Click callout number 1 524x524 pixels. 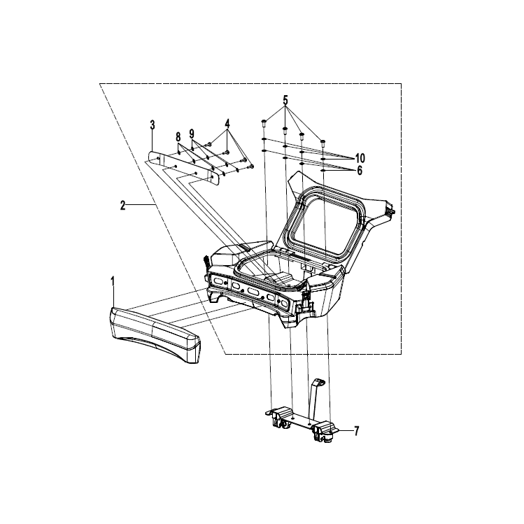pyautogui.click(x=113, y=281)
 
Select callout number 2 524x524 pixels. pyautogui.click(x=123, y=205)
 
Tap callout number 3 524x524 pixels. pyautogui.click(x=153, y=125)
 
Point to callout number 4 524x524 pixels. pyautogui.click(x=227, y=123)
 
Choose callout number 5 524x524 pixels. pyautogui.click(x=285, y=99)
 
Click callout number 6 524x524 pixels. pyautogui.click(x=360, y=171)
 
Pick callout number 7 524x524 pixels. pyautogui.click(x=357, y=431)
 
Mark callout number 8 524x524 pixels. pyautogui.click(x=178, y=137)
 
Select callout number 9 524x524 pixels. pyautogui.click(x=192, y=134)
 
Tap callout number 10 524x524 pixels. pyautogui.click(x=360, y=158)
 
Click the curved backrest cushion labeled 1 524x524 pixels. pyautogui.click(x=155, y=334)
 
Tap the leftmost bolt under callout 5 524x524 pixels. pyautogui.click(x=263, y=122)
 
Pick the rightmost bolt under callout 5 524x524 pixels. pyautogui.click(x=323, y=143)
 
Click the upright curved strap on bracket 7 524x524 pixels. pyautogui.click(x=314, y=398)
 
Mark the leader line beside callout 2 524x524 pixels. pyautogui.click(x=141, y=204)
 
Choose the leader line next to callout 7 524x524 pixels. pyautogui.click(x=345, y=431)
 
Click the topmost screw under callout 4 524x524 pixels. pyautogui.click(x=208, y=144)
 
